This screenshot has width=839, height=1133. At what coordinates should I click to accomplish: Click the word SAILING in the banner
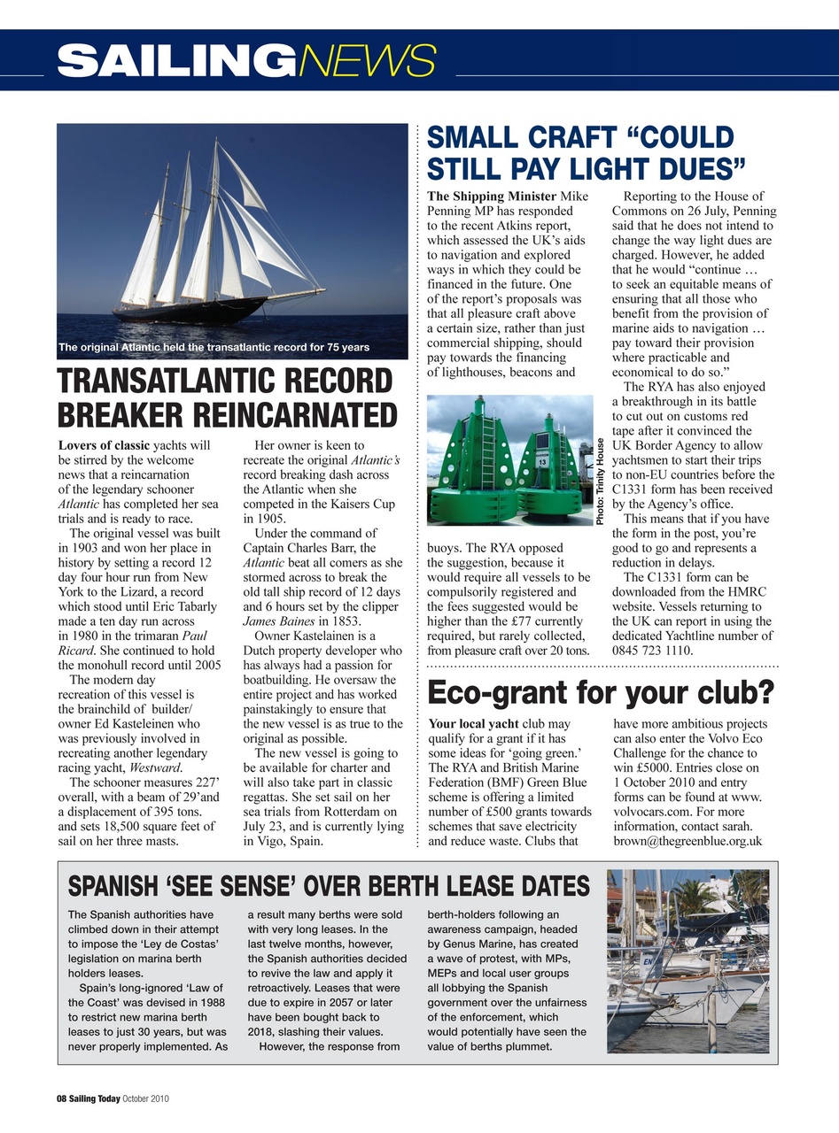[x=175, y=61]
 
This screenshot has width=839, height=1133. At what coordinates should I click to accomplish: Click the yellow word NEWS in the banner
[x=367, y=61]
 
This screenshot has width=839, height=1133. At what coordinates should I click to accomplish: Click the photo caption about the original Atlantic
[x=214, y=347]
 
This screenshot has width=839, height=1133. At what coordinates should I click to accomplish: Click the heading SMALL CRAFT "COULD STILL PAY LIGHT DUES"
[x=585, y=152]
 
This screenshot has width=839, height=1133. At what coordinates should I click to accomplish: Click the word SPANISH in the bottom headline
[x=112, y=886]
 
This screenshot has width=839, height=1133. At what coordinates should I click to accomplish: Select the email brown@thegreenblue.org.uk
[x=688, y=841]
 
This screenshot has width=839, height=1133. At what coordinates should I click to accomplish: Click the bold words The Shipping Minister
[x=492, y=197]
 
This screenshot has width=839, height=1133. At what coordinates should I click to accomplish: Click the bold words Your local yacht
[x=473, y=724]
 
